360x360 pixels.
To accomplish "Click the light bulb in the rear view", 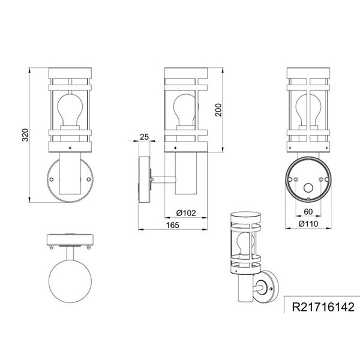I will pos(306,112).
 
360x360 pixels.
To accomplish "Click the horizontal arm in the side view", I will pos(160,178).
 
